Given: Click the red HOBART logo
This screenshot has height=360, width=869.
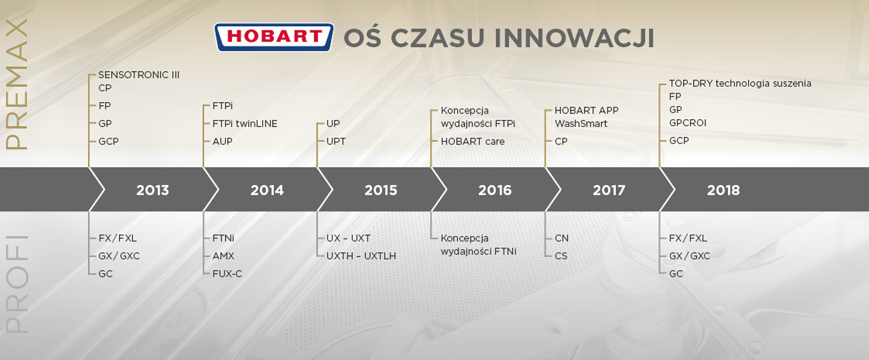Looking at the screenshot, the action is pyautogui.click(x=274, y=37).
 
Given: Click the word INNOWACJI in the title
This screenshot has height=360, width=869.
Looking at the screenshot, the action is pyautogui.click(x=574, y=38).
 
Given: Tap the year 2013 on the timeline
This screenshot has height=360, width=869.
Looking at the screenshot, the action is pyautogui.click(x=153, y=190).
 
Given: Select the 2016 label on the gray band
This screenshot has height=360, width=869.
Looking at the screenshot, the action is pyautogui.click(x=495, y=190).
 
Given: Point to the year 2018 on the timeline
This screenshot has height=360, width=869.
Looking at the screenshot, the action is pyautogui.click(x=723, y=190).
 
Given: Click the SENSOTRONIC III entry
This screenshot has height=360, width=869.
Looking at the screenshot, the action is pyautogui.click(x=139, y=75).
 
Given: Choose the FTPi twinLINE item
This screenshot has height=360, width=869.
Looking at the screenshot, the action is pyautogui.click(x=245, y=124).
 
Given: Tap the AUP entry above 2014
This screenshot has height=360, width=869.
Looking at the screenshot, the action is pyautogui.click(x=222, y=141).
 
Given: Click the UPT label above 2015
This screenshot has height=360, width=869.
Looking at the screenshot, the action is pyautogui.click(x=336, y=141).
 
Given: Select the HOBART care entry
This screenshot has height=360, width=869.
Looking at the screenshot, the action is pyautogui.click(x=473, y=141).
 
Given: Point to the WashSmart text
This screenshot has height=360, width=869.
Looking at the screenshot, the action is pyautogui.click(x=581, y=124).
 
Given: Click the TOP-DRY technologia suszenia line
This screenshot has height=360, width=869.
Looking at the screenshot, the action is pyautogui.click(x=740, y=83).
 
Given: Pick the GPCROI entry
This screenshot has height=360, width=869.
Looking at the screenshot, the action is pyautogui.click(x=688, y=123).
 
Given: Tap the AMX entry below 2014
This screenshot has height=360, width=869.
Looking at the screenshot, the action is pyautogui.click(x=223, y=256).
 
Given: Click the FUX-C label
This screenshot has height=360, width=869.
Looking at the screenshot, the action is pyautogui.click(x=227, y=274).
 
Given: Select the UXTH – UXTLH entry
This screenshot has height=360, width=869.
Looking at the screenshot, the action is pyautogui.click(x=361, y=256).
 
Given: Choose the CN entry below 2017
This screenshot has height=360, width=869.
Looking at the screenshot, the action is pyautogui.click(x=562, y=238).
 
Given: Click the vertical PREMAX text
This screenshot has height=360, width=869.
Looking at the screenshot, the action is pyautogui.click(x=17, y=84).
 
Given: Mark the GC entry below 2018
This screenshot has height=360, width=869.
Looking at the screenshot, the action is pyautogui.click(x=676, y=274).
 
